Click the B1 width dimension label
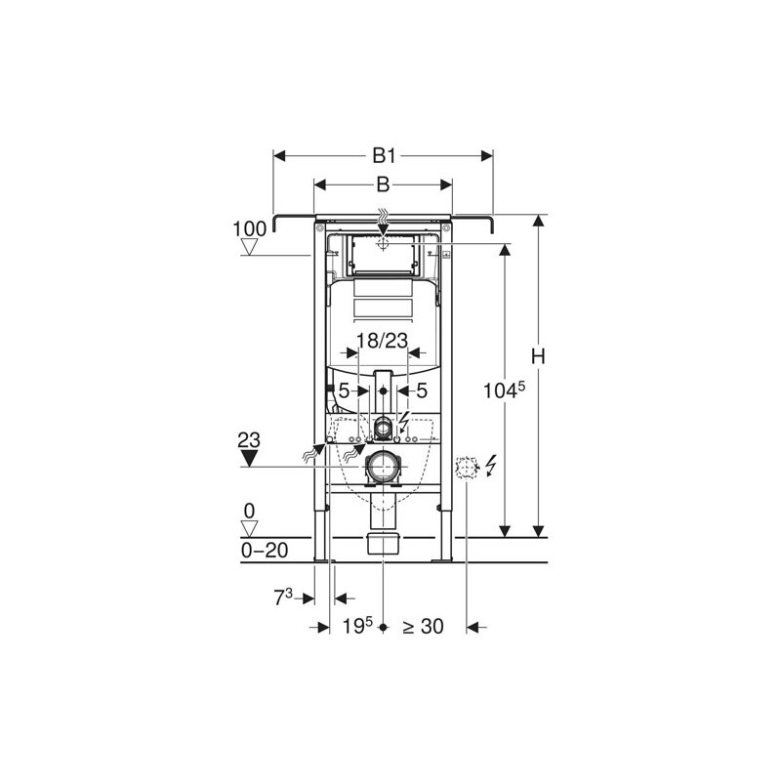point(383,155)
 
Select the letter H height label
point(537,357)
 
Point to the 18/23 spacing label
point(382,340)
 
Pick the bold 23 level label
point(250,441)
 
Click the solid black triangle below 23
point(251,459)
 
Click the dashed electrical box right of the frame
point(468,468)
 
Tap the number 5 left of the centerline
point(344,390)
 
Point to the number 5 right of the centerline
point(421,390)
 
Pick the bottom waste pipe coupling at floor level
point(383,544)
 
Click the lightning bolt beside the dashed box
point(490,467)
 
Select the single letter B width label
point(383,184)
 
